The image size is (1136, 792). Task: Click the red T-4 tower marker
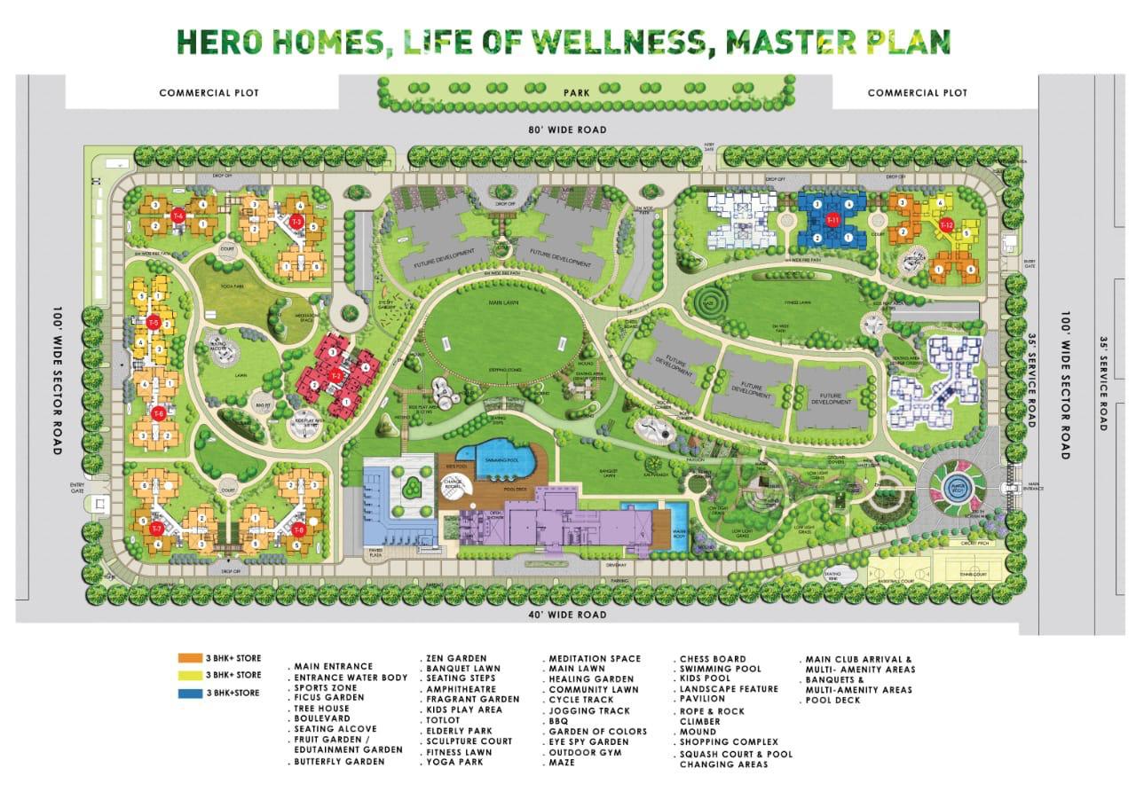[177, 216]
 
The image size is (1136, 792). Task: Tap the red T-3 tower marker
[297, 221]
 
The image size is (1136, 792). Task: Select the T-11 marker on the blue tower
[832, 220]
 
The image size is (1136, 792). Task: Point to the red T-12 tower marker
[946, 224]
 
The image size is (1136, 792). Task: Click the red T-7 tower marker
[156, 529]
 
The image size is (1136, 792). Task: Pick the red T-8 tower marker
[298, 529]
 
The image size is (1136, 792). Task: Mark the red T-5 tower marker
[154, 322]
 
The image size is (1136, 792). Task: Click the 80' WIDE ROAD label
[567, 130]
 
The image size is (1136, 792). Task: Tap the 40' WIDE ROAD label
[567, 615]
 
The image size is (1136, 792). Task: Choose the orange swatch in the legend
[190, 659]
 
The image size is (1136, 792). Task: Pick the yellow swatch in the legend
[190, 676]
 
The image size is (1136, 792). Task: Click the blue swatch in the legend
[190, 693]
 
